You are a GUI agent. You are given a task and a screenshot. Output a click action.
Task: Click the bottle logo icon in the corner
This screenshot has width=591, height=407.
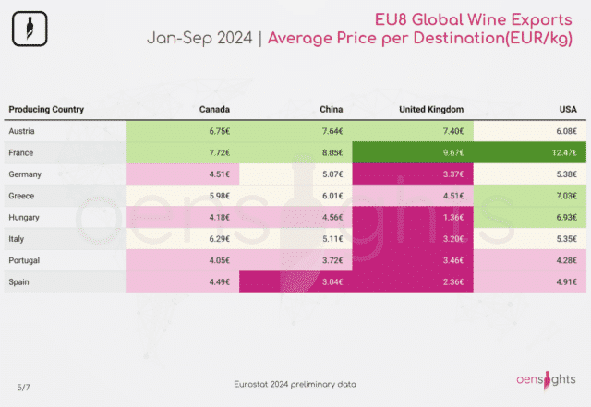click(x=30, y=29)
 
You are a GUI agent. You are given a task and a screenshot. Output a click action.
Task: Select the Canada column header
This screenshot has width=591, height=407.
click(x=214, y=109)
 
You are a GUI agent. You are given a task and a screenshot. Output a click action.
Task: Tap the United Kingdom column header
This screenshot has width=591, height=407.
click(x=431, y=109)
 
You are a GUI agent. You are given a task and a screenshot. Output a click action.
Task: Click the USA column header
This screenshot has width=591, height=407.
click(x=568, y=109)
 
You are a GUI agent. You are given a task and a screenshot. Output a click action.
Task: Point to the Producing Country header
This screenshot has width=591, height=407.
click(x=46, y=109)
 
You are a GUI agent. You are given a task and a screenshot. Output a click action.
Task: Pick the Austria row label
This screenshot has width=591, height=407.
click(x=21, y=131)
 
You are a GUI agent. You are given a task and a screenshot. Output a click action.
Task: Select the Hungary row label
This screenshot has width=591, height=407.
click(x=24, y=218)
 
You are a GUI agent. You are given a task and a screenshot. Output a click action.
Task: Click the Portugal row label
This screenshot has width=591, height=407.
click(x=24, y=260)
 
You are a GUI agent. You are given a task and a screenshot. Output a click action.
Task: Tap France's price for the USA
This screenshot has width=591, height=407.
click(x=564, y=152)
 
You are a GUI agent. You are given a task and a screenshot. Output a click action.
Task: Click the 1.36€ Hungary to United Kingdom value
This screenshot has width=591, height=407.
click(x=453, y=218)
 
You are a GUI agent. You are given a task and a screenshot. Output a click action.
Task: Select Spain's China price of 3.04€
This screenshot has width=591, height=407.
click(x=332, y=281)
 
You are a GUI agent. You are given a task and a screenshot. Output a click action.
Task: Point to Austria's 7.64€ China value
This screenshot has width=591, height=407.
click(x=332, y=131)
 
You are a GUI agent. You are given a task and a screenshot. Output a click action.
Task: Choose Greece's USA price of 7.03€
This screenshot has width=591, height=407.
click(x=566, y=196)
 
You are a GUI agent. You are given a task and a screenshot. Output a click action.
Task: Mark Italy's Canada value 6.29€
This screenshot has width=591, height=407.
click(x=220, y=239)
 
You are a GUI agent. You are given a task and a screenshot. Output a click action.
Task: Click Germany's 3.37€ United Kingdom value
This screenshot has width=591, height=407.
click(x=453, y=174)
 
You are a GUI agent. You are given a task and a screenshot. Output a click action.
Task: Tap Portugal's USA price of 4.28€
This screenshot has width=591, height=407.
click(x=566, y=260)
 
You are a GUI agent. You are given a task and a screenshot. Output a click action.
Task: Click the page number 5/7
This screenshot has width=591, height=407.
click(x=23, y=388)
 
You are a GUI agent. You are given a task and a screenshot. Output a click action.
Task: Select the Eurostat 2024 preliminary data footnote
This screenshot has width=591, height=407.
click(x=295, y=384)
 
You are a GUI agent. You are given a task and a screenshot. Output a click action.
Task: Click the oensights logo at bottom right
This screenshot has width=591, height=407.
click(x=546, y=380)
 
